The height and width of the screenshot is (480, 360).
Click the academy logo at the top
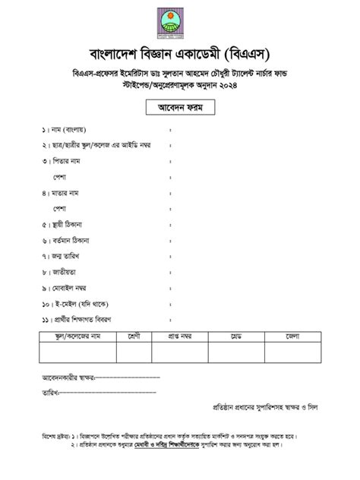[180, 24]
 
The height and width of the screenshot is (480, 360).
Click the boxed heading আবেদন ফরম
[180, 109]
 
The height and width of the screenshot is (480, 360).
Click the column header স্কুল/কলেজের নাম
[73, 336]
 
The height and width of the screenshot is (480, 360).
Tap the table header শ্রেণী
[137, 336]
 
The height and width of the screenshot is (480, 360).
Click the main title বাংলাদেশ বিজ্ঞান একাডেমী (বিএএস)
[180, 56]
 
